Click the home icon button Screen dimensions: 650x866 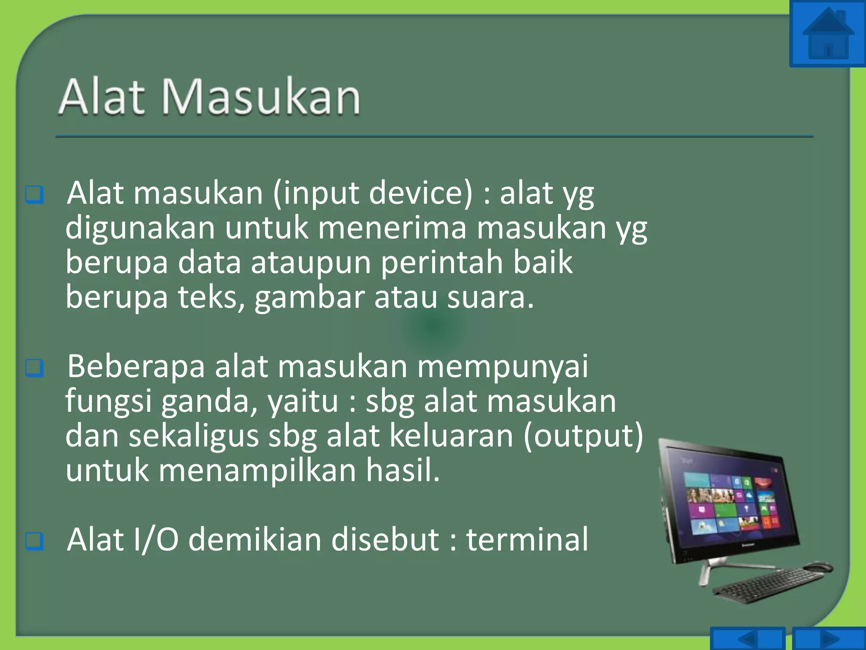[x=828, y=34]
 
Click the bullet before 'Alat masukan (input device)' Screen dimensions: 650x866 [x=34, y=194]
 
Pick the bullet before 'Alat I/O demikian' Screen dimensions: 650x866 [x=34, y=540]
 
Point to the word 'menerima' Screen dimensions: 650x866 [x=392, y=228]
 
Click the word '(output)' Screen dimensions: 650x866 [x=584, y=436]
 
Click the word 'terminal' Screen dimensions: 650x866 [x=527, y=540]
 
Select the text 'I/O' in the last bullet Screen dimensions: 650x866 [x=156, y=540]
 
